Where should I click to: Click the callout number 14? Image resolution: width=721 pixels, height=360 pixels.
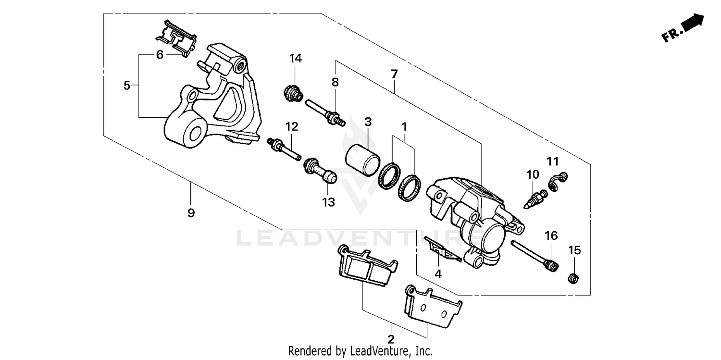click(295, 59)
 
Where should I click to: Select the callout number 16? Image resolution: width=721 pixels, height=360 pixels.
click(551, 236)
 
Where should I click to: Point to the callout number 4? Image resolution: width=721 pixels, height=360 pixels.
click(437, 274)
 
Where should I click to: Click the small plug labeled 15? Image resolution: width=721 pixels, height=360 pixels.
click(572, 278)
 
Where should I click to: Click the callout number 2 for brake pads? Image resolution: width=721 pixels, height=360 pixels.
click(391, 338)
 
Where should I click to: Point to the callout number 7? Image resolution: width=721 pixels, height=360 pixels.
click(394, 74)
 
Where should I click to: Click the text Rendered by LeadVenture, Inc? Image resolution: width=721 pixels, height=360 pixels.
click(360, 351)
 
